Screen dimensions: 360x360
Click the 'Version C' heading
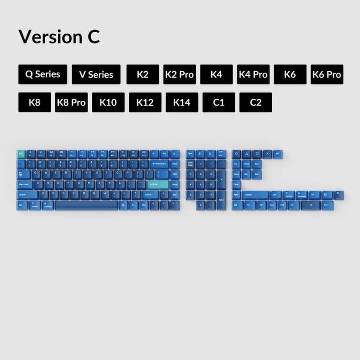[59, 37]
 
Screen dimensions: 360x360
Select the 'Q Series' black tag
[43, 74]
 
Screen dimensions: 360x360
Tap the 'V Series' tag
[96, 74]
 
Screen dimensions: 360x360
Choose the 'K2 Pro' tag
[180, 74]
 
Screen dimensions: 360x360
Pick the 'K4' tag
[216, 74]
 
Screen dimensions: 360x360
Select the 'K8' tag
[34, 103]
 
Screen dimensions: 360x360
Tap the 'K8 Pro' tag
[71, 103]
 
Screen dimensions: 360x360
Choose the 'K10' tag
[108, 103]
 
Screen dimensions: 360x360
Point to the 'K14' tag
[182, 103]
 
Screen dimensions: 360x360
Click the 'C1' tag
[219, 103]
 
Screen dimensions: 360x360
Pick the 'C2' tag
[256, 103]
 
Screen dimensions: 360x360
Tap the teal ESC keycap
[20, 153]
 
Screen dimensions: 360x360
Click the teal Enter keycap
[157, 184]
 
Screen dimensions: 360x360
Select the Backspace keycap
[159, 164]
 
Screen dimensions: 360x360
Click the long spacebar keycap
[87, 205]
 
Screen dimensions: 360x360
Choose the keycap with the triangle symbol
[247, 153]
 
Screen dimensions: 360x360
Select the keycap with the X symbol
[267, 153]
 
